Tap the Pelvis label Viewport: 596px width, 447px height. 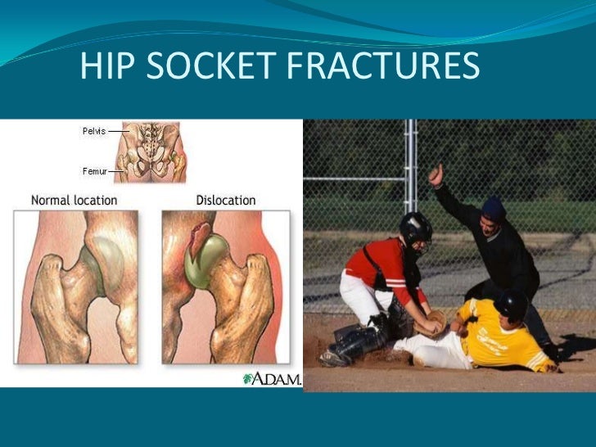pyautogui.click(x=94, y=130)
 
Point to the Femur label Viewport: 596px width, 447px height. pyautogui.click(x=93, y=171)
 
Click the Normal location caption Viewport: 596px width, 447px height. pyautogui.click(x=74, y=200)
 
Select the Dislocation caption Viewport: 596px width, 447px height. pyautogui.click(x=226, y=200)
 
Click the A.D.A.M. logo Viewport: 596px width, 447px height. pyautogui.click(x=272, y=378)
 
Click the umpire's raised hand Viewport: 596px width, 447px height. pyautogui.click(x=436, y=174)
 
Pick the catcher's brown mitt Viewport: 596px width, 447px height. pyautogui.click(x=434, y=323)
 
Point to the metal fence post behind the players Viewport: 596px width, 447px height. pyautogui.click(x=413, y=164)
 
